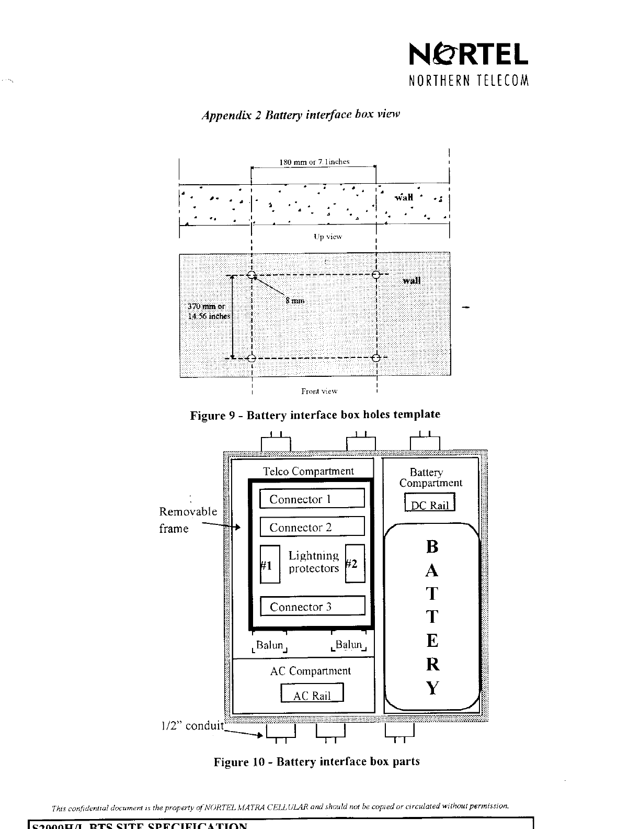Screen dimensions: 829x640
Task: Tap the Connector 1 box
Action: point(312,499)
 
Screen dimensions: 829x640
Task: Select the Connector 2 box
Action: point(312,527)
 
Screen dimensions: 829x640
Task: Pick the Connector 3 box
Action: point(312,607)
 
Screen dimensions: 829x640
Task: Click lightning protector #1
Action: point(269,564)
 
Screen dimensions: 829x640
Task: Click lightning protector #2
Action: point(355,564)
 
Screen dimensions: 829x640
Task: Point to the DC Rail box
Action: point(430,504)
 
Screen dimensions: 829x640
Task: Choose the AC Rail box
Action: point(312,694)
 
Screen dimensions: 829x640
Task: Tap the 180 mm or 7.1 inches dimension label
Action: point(314,162)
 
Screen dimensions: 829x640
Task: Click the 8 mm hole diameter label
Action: point(294,300)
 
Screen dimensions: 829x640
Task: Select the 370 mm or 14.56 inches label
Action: point(209,311)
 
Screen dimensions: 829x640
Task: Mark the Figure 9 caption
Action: point(315,415)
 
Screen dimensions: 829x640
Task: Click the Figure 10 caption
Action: point(316,761)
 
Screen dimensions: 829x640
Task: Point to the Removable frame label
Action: point(188,520)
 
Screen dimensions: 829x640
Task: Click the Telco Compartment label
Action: point(308,471)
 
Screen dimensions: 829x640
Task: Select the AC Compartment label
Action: point(310,671)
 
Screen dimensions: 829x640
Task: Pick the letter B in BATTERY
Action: point(432,547)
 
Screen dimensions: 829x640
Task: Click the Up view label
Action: point(327,237)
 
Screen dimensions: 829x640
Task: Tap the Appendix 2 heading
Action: point(301,115)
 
